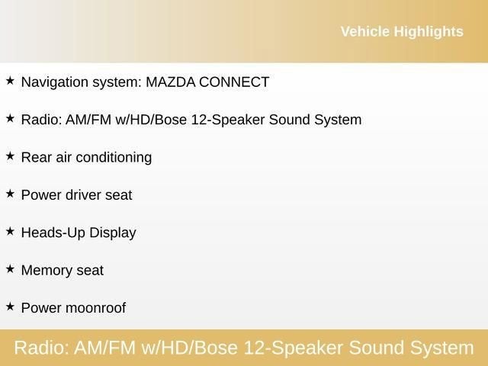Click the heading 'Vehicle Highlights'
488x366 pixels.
click(401, 31)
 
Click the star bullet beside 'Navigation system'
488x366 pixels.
click(10, 80)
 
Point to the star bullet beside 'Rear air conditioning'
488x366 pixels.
click(10, 156)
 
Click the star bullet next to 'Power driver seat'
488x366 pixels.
click(10, 194)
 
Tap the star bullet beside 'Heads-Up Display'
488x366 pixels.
click(10, 231)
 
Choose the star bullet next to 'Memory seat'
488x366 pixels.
click(10, 269)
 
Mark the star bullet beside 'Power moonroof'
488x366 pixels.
click(10, 307)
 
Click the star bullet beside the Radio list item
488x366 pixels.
click(10, 118)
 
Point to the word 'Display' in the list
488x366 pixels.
click(113, 233)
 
